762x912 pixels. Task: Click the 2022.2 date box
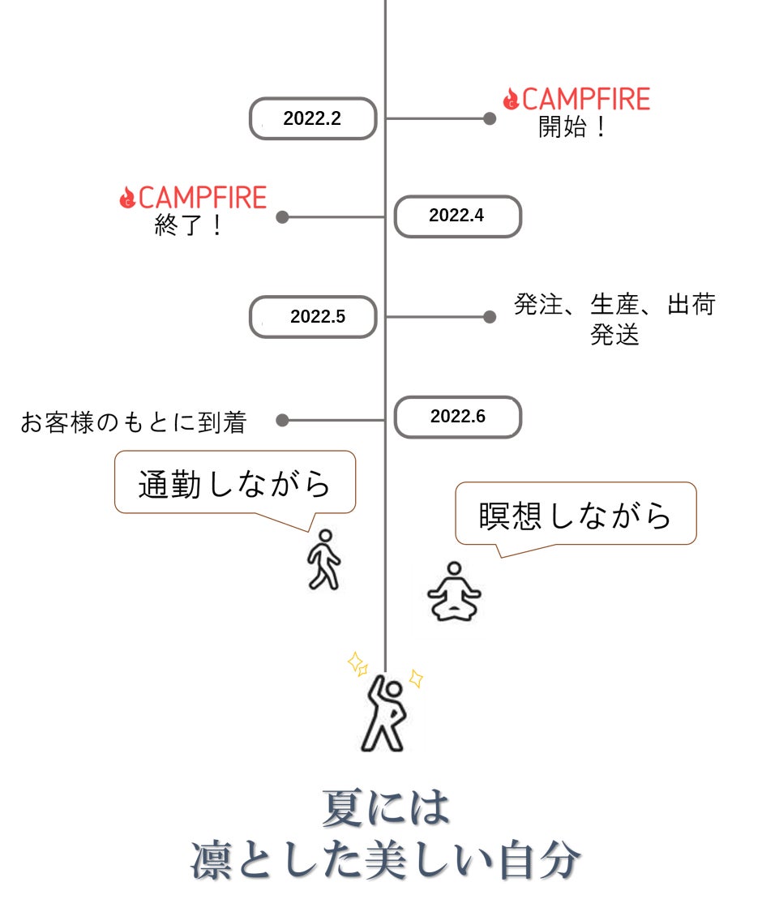tap(313, 118)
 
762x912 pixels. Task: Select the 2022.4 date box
tap(457, 216)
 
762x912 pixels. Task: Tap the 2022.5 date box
tap(313, 317)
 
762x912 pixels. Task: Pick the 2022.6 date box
tap(457, 417)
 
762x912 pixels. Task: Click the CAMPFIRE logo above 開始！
tap(576, 100)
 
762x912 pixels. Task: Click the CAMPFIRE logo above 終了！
tap(193, 198)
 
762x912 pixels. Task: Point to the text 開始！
tap(573, 127)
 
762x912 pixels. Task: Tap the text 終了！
tap(189, 226)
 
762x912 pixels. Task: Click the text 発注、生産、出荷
tap(614, 306)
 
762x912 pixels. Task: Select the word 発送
tap(614, 335)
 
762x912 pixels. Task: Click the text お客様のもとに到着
tap(133, 422)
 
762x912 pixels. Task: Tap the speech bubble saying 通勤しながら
tap(235, 483)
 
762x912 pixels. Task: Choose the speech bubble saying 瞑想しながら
tap(576, 515)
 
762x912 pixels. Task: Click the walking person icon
tap(324, 560)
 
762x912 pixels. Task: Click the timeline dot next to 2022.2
tap(490, 118)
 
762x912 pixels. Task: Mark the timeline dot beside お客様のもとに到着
tap(282, 420)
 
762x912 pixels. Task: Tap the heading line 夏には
tap(385, 809)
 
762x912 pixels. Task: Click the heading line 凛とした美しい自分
tap(385, 861)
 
